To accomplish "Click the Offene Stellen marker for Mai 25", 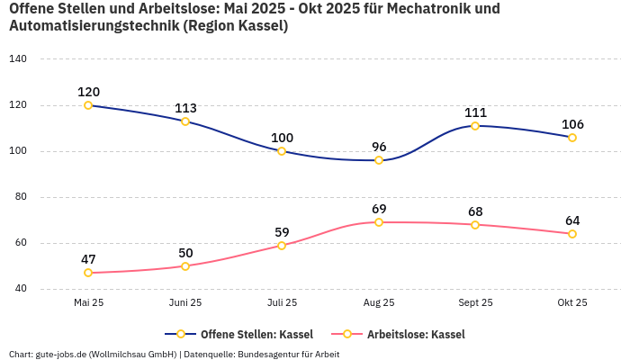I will [88, 105].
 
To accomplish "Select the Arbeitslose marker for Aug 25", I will [379, 222].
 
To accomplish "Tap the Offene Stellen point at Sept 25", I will [475, 126].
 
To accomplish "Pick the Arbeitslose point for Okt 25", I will [572, 234].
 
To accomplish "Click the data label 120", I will [88, 92].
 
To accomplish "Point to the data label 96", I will [379, 147].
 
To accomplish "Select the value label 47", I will [88, 259].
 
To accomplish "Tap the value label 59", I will [282, 232].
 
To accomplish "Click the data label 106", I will [572, 124].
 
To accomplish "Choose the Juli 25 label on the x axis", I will [282, 302].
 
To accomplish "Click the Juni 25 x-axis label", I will [185, 302].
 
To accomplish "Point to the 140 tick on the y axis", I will [18, 59].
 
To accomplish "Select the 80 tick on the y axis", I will [20, 197].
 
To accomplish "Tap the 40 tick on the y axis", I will [20, 289].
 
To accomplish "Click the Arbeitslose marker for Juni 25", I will [185, 266].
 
